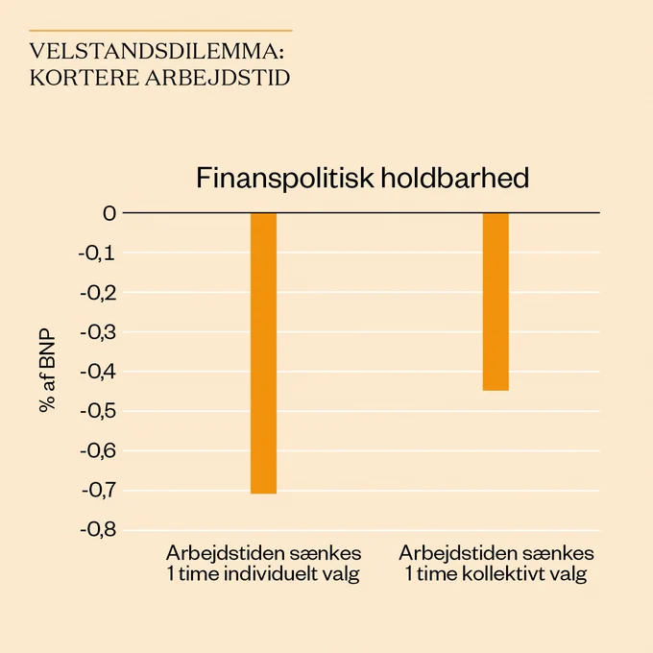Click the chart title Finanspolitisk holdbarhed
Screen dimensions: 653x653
pos(362,179)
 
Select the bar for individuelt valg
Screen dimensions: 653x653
pos(264,353)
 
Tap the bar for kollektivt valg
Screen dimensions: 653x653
pos(496,302)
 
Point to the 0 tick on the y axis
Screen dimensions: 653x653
pos(109,213)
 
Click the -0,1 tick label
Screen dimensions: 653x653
pos(97,254)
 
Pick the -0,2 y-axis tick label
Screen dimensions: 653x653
pos(98,293)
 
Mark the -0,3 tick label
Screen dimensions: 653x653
pos(98,333)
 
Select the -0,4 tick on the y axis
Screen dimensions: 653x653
pos(98,373)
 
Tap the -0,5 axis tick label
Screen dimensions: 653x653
pos(98,412)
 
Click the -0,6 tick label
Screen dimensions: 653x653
pos(98,451)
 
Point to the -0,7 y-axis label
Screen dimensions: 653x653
pos(99,491)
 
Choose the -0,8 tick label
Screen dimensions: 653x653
pos(98,530)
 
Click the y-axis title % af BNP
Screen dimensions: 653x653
pos(47,371)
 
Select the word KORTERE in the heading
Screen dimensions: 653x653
pos(85,78)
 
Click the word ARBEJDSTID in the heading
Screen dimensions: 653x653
pos(217,78)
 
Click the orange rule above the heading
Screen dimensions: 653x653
pos(160,31)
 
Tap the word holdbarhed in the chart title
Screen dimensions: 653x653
pos(455,178)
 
